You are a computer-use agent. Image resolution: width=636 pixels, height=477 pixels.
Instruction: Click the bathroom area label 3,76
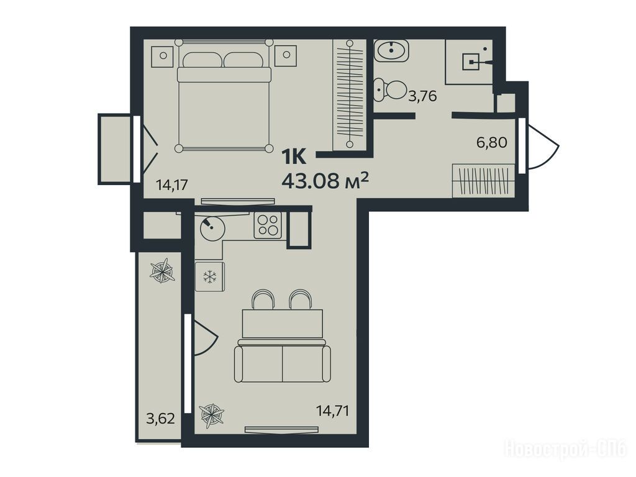422,96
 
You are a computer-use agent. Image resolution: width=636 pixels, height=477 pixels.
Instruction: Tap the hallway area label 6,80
492,142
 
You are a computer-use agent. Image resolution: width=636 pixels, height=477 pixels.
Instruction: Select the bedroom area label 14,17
173,185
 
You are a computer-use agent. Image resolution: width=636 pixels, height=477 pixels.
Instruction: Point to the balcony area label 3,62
161,418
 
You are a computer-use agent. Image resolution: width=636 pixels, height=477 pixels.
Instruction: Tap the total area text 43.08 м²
325,180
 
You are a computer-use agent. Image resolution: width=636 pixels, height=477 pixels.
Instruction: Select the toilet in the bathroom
390,90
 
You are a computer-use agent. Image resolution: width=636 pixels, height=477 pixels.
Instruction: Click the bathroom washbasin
391,50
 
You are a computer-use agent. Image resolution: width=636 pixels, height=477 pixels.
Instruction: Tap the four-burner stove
268,225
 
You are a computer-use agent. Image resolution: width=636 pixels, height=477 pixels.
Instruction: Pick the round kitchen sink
212,229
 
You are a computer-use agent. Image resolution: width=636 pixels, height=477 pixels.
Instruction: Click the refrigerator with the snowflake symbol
210,276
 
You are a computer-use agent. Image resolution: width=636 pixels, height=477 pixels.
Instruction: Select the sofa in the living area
283,361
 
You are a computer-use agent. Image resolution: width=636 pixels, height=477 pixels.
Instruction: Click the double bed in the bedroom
224,96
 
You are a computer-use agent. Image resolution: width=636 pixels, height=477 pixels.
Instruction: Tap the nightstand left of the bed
163,55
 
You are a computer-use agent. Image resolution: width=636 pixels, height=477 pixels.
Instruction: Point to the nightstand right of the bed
286,55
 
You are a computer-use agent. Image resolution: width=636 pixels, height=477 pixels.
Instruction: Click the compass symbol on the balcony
162,270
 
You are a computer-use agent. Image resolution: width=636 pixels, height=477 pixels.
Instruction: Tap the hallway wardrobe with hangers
483,181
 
